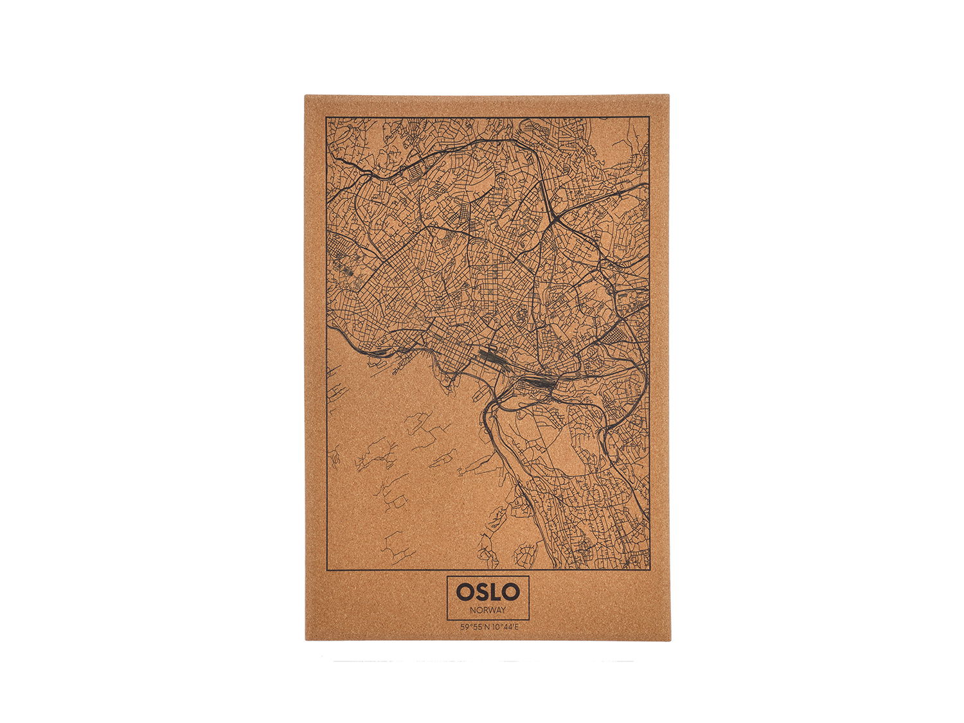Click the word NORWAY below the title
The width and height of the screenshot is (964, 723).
point(488,610)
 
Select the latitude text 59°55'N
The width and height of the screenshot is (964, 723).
point(474,627)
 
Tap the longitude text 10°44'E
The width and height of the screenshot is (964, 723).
point(504,627)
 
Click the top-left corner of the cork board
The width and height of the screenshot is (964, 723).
point(305,96)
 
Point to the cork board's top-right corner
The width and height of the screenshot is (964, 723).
point(668,95)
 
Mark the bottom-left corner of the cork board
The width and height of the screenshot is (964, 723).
point(306,639)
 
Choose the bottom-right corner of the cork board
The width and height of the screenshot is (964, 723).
point(670,639)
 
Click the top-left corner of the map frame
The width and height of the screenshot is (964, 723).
point(326,118)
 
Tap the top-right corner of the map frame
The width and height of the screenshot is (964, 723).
point(649,117)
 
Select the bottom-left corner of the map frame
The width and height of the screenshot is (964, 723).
point(326,569)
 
